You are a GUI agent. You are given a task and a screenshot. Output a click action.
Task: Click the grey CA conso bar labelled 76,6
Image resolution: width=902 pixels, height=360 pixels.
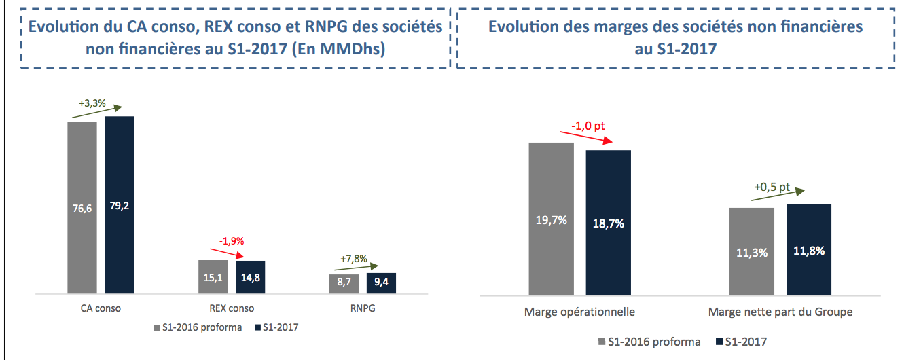pyautogui.click(x=82, y=207)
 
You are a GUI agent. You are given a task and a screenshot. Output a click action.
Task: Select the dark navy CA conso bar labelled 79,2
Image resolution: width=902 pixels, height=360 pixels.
pyautogui.click(x=119, y=204)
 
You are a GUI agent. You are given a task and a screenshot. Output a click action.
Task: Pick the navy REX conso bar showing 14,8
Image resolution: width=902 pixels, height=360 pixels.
pyautogui.click(x=251, y=277)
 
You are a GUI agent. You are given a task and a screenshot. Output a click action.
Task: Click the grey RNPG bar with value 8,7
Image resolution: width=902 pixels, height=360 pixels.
pyautogui.click(x=344, y=283)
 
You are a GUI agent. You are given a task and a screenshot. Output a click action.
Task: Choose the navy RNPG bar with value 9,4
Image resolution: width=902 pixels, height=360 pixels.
pyautogui.click(x=381, y=283)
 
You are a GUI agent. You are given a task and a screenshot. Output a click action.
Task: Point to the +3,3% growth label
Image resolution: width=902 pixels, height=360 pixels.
pyautogui.click(x=92, y=104)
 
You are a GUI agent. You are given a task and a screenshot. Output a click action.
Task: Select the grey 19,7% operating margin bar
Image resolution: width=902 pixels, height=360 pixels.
pyautogui.click(x=552, y=219)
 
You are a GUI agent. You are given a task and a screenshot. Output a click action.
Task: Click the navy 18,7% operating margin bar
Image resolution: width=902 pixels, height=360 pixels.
pyautogui.click(x=609, y=223)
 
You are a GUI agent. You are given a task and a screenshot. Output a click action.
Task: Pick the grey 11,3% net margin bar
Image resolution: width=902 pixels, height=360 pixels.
pyautogui.click(x=751, y=252)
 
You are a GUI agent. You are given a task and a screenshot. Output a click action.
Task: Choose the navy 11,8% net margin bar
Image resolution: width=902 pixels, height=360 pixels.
pyautogui.click(x=809, y=250)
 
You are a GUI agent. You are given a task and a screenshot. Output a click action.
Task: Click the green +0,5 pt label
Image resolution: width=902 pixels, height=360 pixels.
pyautogui.click(x=772, y=187)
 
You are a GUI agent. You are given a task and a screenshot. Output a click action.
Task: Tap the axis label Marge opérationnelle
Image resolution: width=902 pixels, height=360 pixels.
pyautogui.click(x=579, y=312)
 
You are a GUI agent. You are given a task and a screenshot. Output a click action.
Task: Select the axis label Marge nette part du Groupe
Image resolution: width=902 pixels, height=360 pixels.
pyautogui.click(x=780, y=312)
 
